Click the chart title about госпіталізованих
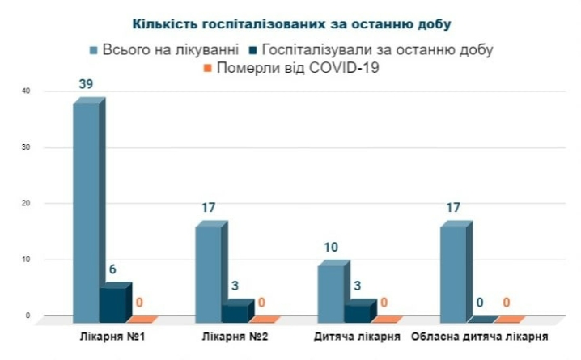pyautogui.click(x=290, y=25)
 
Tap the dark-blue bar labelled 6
pyautogui.click(x=112, y=301)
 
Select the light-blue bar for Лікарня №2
pyautogui.click(x=209, y=270)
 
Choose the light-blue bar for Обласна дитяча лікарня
pyautogui.click(x=453, y=270)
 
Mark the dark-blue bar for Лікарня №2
pyautogui.click(x=235, y=310)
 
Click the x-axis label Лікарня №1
pyautogui.click(x=114, y=334)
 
